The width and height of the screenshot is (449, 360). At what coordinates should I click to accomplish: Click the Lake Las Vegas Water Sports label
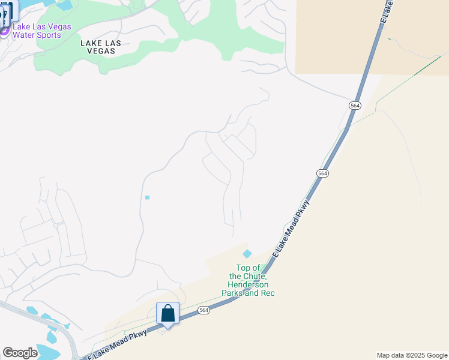click(x=42, y=31)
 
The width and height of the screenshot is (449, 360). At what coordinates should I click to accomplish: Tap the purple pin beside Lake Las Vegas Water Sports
click(x=4, y=30)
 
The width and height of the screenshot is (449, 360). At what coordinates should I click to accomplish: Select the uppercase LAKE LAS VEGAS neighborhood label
click(x=101, y=47)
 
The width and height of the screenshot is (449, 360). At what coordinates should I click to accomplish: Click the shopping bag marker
click(x=168, y=314)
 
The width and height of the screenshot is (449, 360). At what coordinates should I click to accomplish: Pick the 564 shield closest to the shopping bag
click(x=204, y=310)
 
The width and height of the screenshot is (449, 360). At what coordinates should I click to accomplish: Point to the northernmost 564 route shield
click(x=355, y=105)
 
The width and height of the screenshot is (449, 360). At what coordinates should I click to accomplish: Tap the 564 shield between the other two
click(x=323, y=173)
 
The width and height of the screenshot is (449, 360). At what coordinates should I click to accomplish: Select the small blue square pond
click(x=147, y=197)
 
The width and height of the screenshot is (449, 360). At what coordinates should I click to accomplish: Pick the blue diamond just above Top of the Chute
click(x=247, y=254)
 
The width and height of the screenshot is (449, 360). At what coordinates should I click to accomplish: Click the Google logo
click(x=20, y=353)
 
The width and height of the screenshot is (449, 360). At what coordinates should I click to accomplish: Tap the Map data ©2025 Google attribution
click(x=412, y=355)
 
